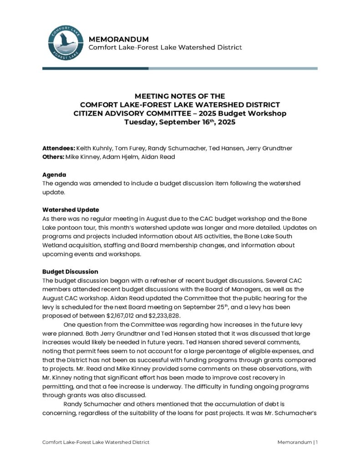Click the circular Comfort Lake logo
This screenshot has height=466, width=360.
point(66,43)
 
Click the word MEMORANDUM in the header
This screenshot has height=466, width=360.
point(118,39)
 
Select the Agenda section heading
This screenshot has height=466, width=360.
point(54,175)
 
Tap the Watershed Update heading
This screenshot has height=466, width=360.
point(71,210)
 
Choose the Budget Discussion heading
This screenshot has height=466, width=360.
point(70,272)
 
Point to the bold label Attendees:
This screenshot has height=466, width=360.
point(59,148)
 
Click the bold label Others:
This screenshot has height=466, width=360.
point(53,157)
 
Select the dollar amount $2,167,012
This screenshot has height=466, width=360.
point(123,316)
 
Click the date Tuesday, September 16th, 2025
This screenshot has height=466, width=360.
point(180,122)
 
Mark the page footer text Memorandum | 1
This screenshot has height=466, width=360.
point(297,442)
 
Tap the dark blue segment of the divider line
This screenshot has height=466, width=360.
point(95,68)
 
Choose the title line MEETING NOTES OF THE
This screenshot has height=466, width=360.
point(180,96)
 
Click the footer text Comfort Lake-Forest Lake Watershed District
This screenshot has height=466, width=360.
point(96,442)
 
